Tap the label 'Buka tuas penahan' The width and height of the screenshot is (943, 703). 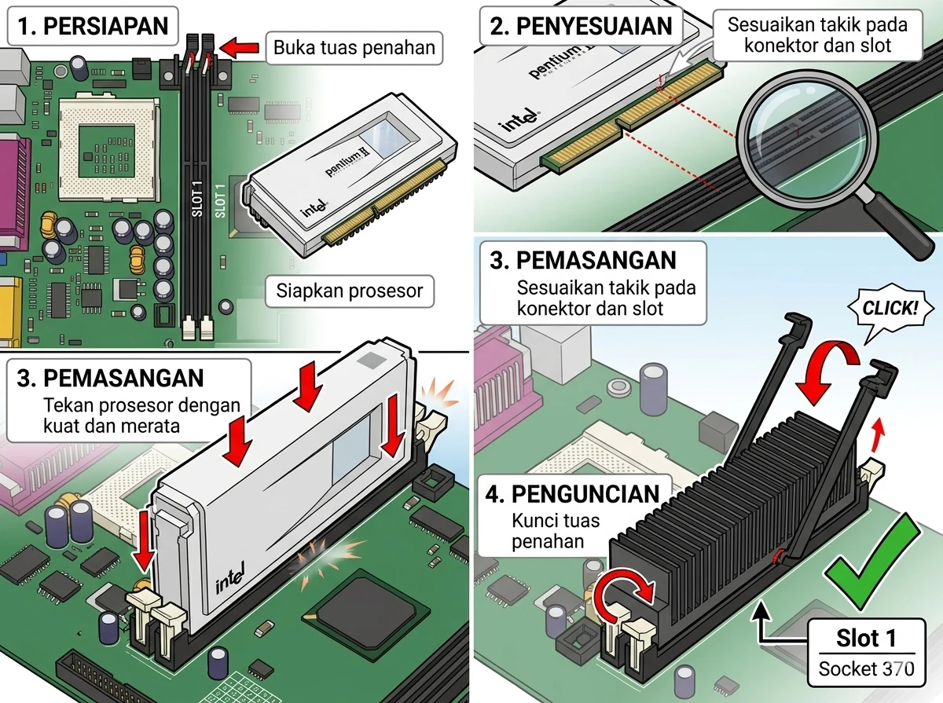coord(354,48)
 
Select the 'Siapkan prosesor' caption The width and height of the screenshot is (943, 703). coord(349,291)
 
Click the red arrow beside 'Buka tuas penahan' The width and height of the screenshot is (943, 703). coord(244,48)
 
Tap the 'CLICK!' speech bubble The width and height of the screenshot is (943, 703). coord(889,307)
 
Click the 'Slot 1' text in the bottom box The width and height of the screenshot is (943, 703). coord(867,638)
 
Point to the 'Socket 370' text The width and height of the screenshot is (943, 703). coord(867,668)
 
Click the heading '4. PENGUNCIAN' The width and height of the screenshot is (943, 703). coord(573,494)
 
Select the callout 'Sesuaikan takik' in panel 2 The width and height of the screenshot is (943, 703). coord(817,35)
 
